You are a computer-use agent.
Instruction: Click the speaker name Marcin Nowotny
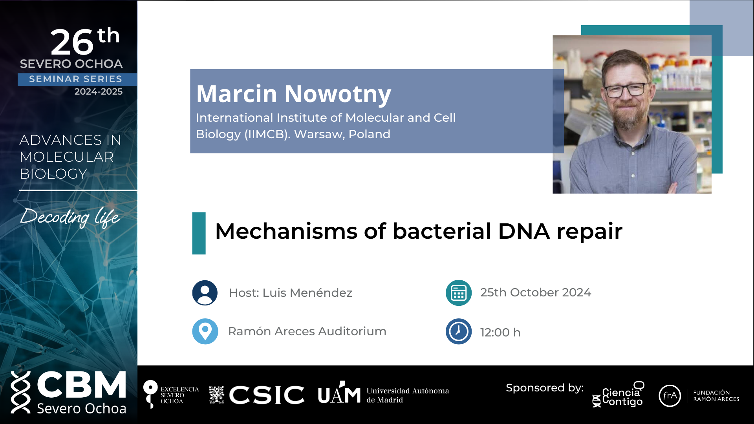point(294,94)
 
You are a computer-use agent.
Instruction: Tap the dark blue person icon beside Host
point(205,293)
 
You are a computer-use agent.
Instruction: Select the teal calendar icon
point(459,293)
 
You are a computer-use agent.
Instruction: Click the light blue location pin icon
point(205,331)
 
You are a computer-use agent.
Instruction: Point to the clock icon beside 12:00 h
point(459,331)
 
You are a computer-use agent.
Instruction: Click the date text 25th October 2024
point(536,292)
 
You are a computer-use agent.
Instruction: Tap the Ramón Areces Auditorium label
point(307,331)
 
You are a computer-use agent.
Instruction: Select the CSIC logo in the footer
point(256,395)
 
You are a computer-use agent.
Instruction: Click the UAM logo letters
point(339,393)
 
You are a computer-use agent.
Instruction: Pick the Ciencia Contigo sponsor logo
point(619,395)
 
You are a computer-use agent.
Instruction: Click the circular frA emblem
point(670,396)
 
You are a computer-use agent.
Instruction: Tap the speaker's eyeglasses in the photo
point(626,90)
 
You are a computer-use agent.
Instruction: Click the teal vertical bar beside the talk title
point(199,233)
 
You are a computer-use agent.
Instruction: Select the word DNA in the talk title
point(524,231)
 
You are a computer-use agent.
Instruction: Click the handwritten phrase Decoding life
point(70,217)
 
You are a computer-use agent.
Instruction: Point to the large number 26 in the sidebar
point(72,42)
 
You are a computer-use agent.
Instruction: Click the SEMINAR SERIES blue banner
point(77,79)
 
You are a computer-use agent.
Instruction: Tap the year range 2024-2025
point(99,91)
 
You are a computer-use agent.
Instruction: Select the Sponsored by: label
point(545,388)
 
